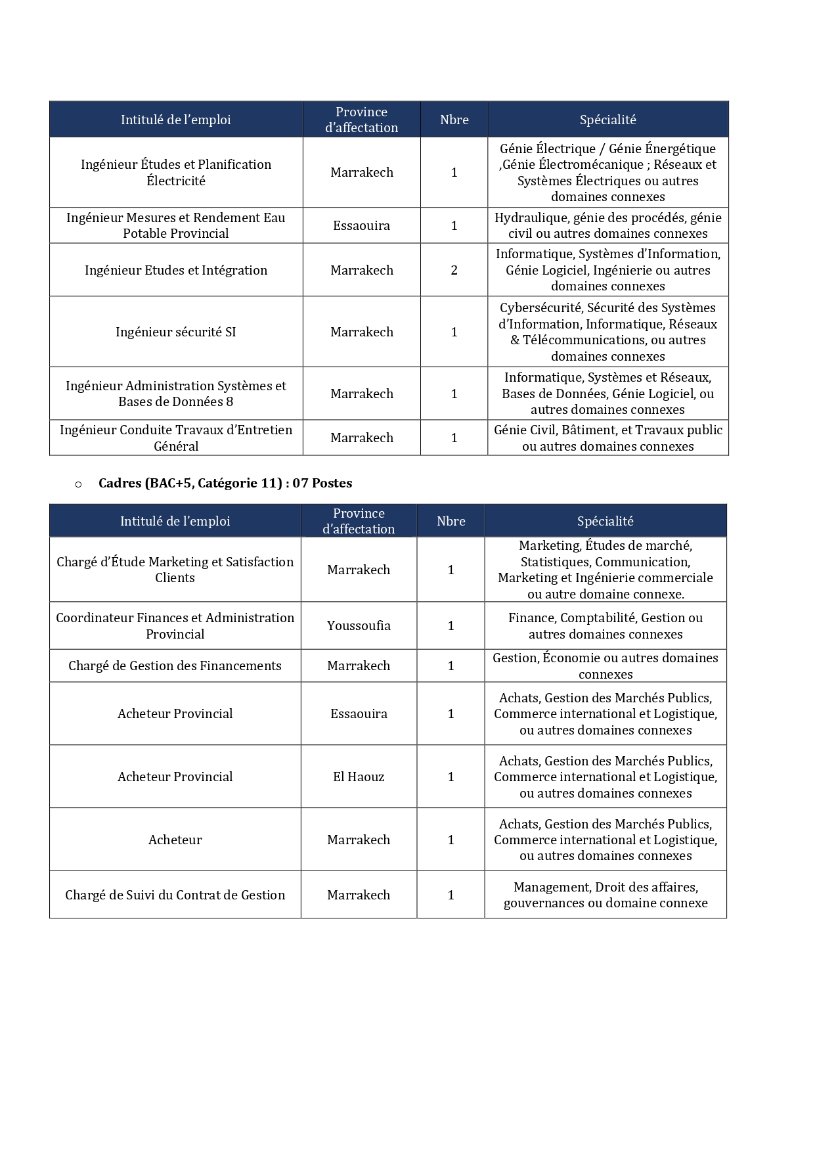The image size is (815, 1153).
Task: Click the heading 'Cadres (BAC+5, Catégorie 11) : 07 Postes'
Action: pos(225,484)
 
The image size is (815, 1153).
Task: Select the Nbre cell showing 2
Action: pos(454,270)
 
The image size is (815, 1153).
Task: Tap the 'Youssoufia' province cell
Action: pos(359,626)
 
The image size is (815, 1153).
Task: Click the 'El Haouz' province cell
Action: pos(359,777)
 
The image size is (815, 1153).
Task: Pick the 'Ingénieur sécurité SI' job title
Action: pos(175,332)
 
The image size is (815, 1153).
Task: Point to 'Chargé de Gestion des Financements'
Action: pos(175,666)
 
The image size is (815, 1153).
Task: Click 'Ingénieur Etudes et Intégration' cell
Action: pos(175,270)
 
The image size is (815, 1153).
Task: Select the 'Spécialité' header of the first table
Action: pos(607,120)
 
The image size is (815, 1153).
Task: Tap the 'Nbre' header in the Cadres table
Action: pos(451,522)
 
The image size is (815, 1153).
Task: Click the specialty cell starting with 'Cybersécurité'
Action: pos(607,332)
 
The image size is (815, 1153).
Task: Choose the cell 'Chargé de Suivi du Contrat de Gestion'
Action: pos(175,895)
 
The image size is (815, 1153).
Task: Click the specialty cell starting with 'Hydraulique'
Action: pos(607,225)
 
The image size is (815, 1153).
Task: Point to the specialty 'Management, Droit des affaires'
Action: pos(605,895)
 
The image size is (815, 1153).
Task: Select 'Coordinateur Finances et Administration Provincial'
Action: pos(175,626)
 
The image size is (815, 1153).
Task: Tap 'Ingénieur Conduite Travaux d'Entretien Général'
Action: pos(175,438)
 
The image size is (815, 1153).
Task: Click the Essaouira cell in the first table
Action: pos(361,226)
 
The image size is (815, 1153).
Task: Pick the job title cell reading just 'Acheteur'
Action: pos(175,840)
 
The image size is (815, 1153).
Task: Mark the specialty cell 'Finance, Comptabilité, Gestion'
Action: pos(605,626)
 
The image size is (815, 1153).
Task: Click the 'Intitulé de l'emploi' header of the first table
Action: pos(175,120)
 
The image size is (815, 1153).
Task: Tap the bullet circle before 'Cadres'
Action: pos(78,484)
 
